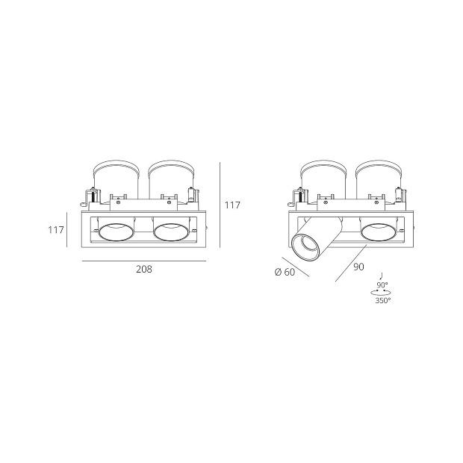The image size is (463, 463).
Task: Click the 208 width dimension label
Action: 144,269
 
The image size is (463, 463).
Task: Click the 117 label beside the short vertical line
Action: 56,229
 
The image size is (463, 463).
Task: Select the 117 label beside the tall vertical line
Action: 232,205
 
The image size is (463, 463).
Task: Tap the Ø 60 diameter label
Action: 285,272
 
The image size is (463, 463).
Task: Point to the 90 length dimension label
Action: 358,267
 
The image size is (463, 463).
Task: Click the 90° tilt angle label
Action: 382,285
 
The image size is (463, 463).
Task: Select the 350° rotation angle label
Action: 383,301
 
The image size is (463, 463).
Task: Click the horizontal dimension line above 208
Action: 144,261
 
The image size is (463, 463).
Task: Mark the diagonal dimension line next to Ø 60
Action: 296,267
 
